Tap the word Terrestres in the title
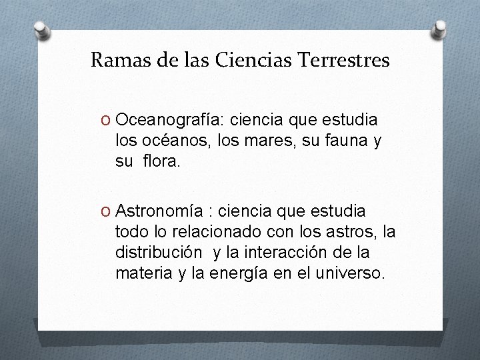(345, 61)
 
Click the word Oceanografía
(170, 120)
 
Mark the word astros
(355, 232)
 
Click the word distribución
(159, 253)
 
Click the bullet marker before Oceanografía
(104, 120)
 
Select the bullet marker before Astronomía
(104, 211)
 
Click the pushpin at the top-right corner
(440, 29)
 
